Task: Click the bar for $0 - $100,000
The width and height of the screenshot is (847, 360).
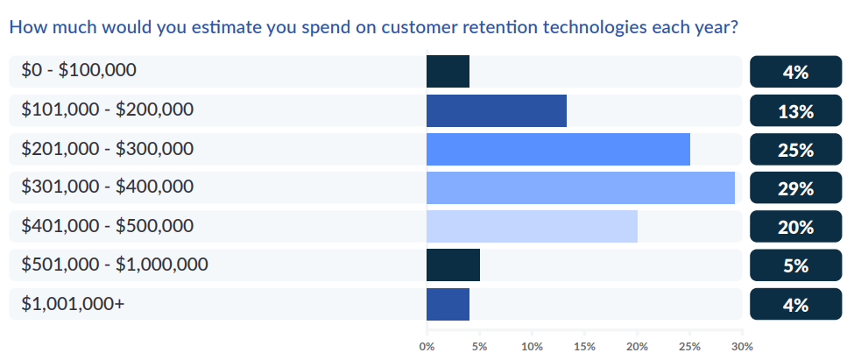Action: [448, 72]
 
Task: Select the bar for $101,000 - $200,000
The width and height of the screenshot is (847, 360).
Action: [497, 110]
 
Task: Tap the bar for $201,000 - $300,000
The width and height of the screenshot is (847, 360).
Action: [558, 149]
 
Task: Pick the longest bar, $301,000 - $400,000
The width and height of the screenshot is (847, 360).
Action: [580, 188]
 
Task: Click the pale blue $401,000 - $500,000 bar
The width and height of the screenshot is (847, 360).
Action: [532, 227]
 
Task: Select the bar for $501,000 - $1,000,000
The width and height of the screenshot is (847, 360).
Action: [453, 265]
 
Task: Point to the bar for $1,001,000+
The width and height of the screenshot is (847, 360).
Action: [448, 304]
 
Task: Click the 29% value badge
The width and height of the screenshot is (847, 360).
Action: [795, 188]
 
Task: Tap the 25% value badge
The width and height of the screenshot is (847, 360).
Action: [795, 150]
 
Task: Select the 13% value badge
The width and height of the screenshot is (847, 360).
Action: [795, 111]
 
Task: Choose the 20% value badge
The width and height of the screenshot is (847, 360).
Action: [795, 227]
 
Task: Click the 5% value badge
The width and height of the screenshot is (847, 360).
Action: [795, 265]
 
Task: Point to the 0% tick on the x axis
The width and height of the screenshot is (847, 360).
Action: [427, 346]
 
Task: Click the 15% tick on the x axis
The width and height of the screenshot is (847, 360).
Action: [584, 346]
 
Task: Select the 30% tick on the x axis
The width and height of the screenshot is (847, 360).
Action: [742, 346]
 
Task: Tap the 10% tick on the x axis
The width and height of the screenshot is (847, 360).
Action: [532, 346]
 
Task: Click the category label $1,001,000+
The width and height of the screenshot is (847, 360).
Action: [73, 304]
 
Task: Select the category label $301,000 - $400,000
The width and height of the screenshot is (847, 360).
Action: [108, 187]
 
